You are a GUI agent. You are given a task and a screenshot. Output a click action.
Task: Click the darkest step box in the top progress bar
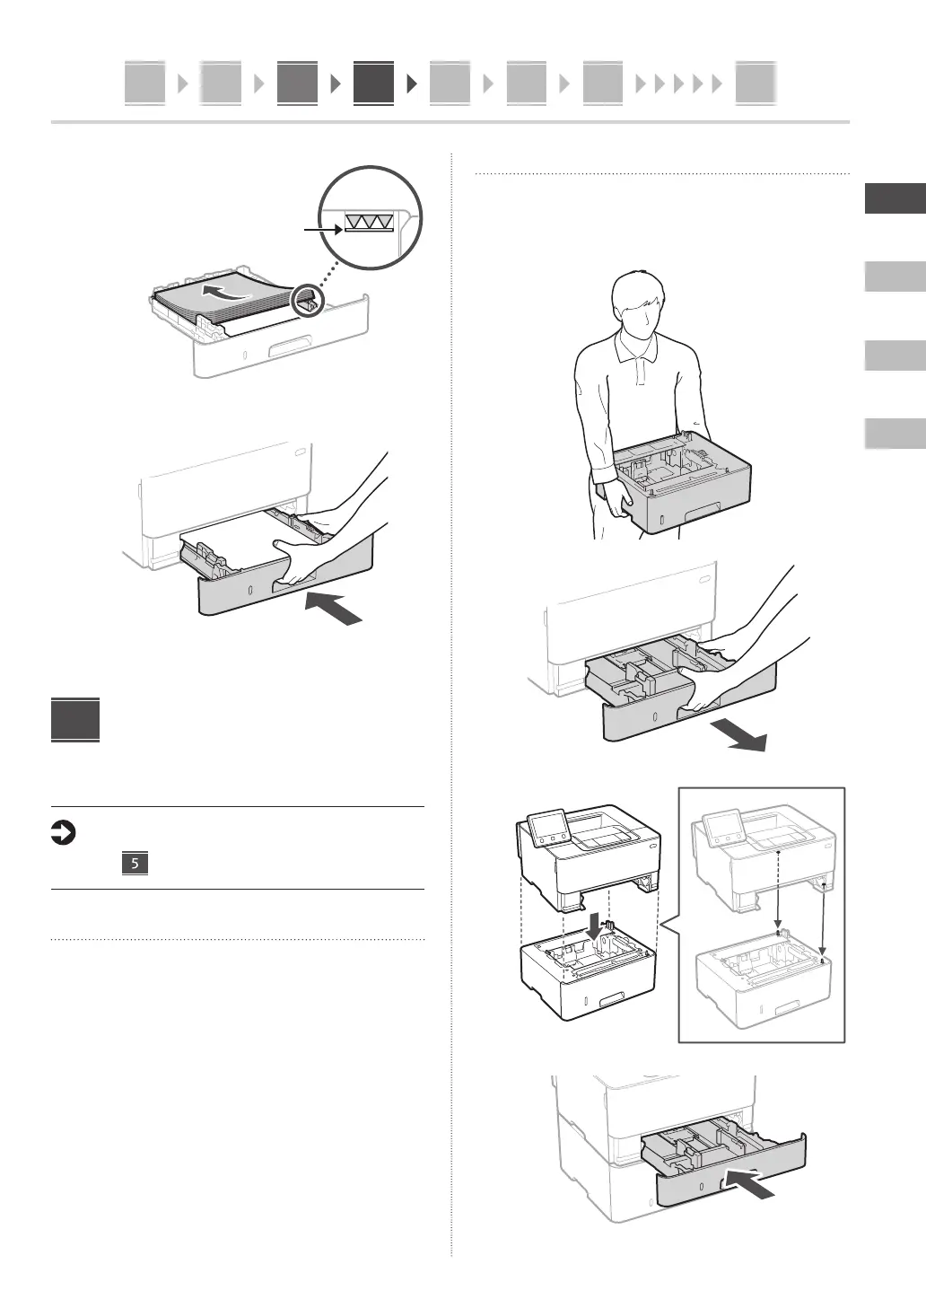(x=373, y=83)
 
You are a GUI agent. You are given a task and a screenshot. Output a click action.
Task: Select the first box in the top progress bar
(x=144, y=83)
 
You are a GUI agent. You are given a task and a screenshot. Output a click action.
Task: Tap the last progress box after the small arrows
(x=755, y=83)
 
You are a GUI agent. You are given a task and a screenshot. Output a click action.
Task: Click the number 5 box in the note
(x=134, y=865)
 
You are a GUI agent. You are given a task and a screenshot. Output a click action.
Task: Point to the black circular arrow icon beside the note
(x=63, y=835)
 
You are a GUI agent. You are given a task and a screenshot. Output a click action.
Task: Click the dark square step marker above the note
(x=75, y=721)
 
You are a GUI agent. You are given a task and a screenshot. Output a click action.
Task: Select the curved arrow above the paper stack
(x=225, y=292)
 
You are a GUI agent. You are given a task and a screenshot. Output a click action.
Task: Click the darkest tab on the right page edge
(x=895, y=198)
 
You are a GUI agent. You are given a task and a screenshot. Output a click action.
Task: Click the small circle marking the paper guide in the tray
(x=308, y=301)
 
